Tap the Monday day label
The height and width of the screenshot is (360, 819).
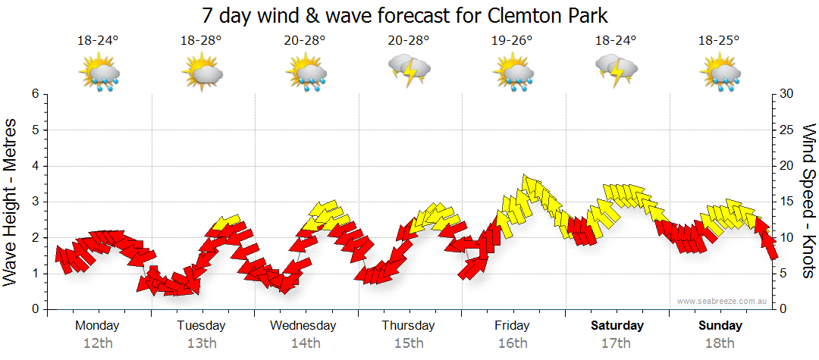(x=97, y=325)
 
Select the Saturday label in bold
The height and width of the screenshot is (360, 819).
(x=617, y=325)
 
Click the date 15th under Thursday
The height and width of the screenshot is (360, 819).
(x=409, y=343)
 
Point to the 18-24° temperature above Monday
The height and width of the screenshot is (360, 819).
(x=98, y=41)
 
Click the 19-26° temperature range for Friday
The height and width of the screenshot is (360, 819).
(x=512, y=41)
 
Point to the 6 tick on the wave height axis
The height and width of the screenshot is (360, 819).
(x=35, y=94)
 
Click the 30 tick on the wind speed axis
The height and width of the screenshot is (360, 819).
(x=786, y=94)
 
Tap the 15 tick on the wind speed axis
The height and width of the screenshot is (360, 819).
(x=786, y=202)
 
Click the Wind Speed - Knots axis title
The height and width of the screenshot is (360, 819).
(x=808, y=201)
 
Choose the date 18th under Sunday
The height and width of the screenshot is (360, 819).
(x=720, y=343)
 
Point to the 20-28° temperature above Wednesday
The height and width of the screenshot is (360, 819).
(x=305, y=41)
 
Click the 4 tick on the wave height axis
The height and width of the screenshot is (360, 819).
(x=35, y=166)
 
